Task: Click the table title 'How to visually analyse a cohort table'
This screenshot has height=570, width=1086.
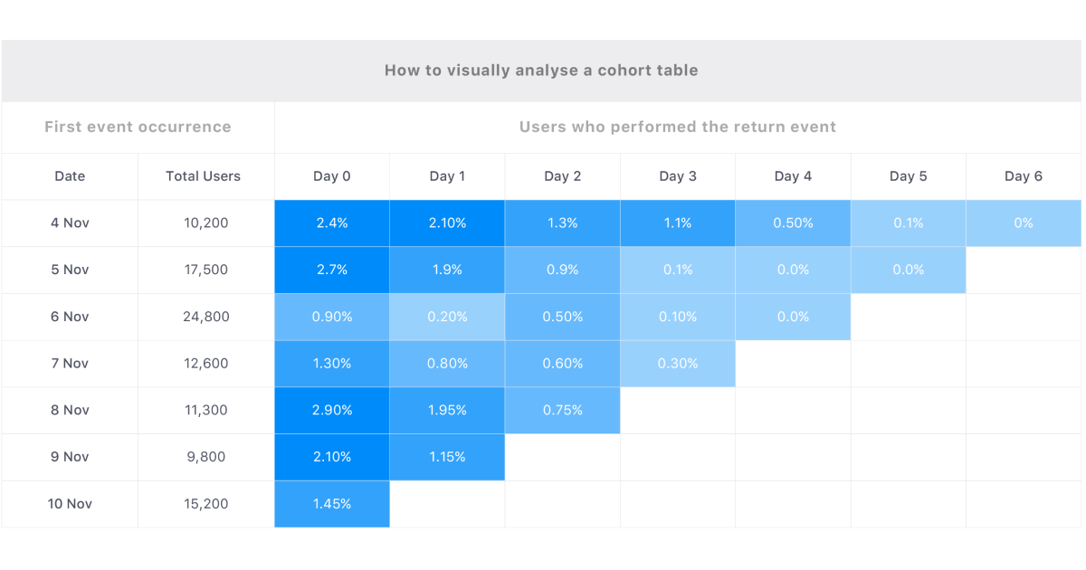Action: click(x=541, y=71)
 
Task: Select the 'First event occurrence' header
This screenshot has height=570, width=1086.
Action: click(x=138, y=127)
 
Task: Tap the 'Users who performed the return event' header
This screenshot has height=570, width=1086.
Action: click(x=677, y=127)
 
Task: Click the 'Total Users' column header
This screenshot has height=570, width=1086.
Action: click(x=203, y=176)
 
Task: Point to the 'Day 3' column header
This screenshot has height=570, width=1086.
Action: click(x=678, y=176)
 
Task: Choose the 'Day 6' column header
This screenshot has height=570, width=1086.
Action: click(x=1024, y=176)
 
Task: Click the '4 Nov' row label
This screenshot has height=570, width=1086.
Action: click(x=70, y=223)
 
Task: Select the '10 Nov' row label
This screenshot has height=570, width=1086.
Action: click(x=70, y=504)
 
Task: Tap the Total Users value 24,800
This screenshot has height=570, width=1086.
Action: click(x=205, y=317)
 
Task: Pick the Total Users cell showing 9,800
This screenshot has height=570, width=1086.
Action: click(x=205, y=457)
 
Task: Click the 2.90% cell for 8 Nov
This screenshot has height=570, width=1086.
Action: click(x=332, y=410)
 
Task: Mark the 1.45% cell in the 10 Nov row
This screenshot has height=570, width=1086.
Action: click(x=332, y=504)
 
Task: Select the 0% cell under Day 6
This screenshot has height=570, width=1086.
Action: click(x=1024, y=223)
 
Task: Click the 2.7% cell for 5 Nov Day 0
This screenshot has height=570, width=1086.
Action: click(x=332, y=270)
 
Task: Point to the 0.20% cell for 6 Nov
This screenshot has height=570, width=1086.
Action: click(x=447, y=317)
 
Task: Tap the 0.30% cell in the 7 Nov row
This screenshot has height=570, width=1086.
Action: click(x=678, y=364)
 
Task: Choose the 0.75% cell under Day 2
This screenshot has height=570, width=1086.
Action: click(x=563, y=410)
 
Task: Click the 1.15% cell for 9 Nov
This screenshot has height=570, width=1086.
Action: click(x=447, y=457)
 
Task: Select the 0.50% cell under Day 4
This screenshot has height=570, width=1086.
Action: click(x=793, y=223)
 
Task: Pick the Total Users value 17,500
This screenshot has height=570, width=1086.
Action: click(x=205, y=270)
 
